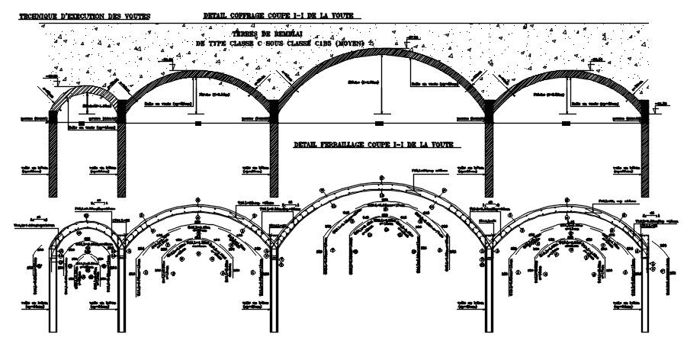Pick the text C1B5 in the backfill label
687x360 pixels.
click(x=320, y=43)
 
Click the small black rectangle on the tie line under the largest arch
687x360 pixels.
click(x=379, y=122)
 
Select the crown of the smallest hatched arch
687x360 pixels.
click(x=86, y=88)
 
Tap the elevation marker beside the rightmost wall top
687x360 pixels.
click(x=660, y=103)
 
